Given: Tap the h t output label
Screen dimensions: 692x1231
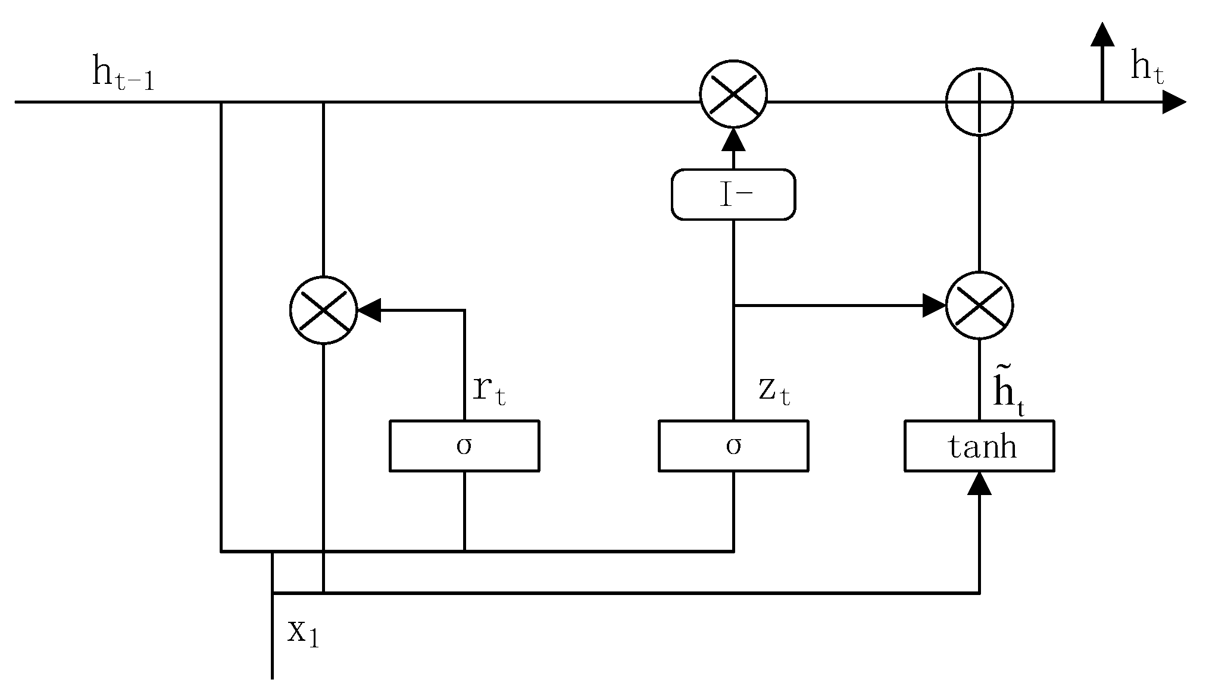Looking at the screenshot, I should [x=1146, y=68].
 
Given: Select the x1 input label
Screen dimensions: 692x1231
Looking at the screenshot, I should [x=303, y=632].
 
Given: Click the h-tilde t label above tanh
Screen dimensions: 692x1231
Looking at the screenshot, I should [x=1008, y=393].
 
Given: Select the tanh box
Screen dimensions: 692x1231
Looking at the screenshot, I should [x=979, y=446].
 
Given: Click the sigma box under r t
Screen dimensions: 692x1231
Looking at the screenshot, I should [x=464, y=446].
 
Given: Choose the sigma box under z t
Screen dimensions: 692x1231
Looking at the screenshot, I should [x=733, y=446].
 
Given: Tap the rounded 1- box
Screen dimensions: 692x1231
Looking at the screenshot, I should [x=733, y=195].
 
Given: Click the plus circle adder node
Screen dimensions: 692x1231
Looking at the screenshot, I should [x=979, y=102].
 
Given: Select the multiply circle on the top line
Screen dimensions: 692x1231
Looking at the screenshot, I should [x=733, y=95].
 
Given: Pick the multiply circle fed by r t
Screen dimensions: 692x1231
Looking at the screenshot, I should [x=323, y=310].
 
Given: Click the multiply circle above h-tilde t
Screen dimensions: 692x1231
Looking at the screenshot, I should [x=979, y=306].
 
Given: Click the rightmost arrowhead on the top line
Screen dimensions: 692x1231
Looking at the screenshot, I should [x=1174, y=102].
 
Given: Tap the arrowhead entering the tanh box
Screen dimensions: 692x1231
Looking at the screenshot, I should [x=979, y=483].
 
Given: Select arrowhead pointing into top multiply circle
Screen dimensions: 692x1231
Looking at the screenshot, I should [x=733, y=139].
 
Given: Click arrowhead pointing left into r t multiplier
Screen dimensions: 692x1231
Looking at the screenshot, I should [x=369, y=310].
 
